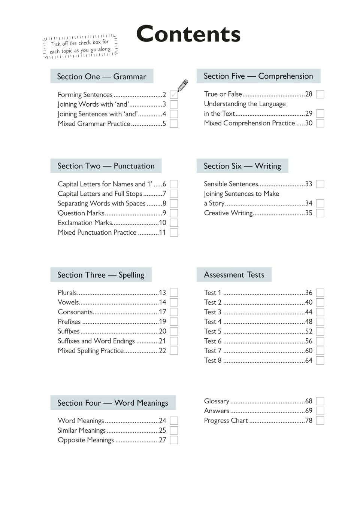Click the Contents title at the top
[188, 34]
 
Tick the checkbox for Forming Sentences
[174, 95]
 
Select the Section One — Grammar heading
[102, 76]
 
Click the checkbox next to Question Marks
[174, 213]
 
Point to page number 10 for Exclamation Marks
[162, 223]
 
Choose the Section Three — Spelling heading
[101, 275]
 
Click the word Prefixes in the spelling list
[69, 321]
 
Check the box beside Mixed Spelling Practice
[174, 351]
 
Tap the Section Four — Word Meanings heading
[113, 403]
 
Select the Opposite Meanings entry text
[86, 440]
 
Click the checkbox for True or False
[320, 94]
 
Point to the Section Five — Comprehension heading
[258, 76]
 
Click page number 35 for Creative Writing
[309, 213]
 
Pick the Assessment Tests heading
[234, 275]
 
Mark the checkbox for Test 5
[320, 331]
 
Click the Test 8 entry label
[213, 360]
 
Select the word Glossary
[217, 401]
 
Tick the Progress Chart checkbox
[320, 420]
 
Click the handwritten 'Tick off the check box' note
[81, 46]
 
